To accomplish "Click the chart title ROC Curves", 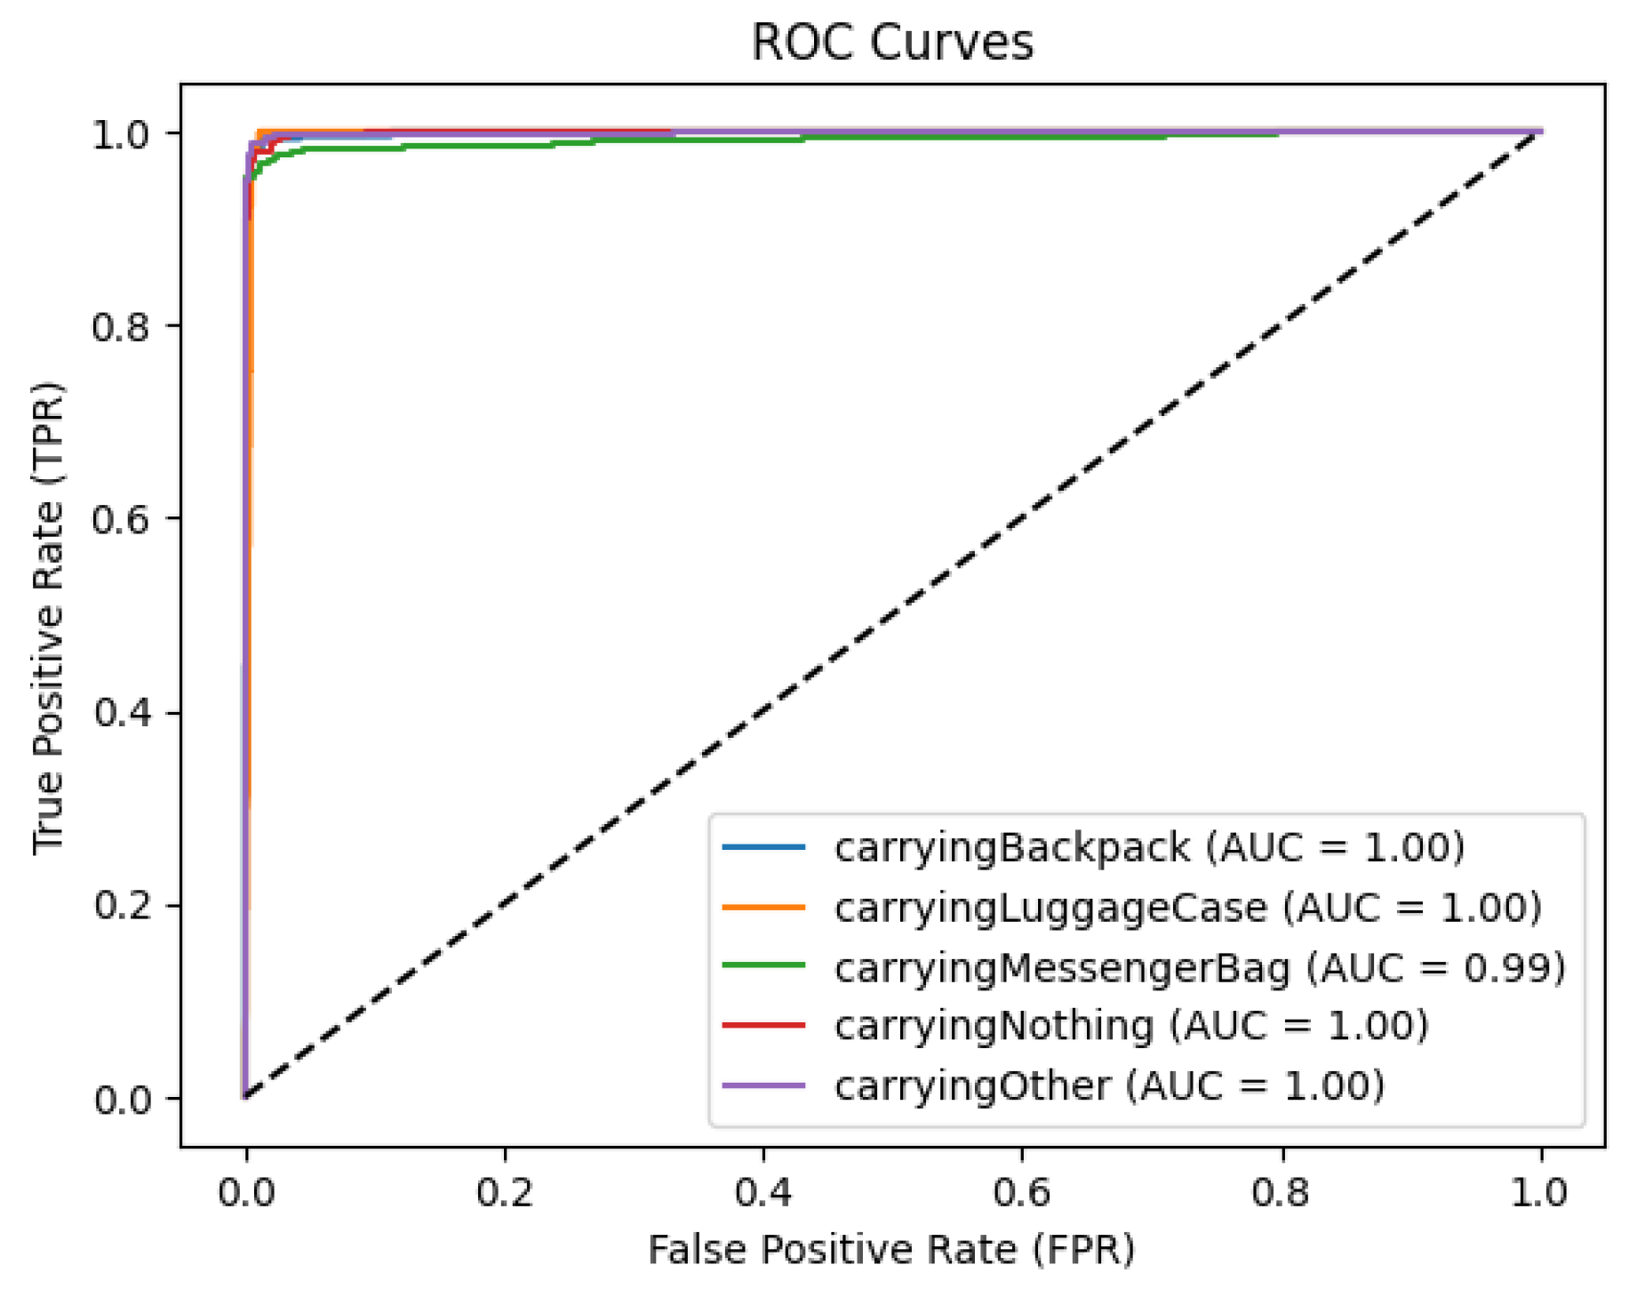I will click(x=891, y=42).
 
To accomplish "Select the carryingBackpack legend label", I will click(x=1148, y=847).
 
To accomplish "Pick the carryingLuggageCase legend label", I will click(x=1187, y=907).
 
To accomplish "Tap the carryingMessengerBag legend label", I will click(x=1200, y=966).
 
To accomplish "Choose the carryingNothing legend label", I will click(x=1130, y=1026).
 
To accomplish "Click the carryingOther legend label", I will click(x=1109, y=1085).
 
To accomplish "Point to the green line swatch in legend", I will click(x=763, y=966).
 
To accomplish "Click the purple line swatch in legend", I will click(x=763, y=1085).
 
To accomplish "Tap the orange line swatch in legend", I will click(x=763, y=907).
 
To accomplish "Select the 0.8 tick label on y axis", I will click(x=123, y=326).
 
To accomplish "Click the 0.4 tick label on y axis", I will click(x=123, y=713).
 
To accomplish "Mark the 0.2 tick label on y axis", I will click(x=123, y=906).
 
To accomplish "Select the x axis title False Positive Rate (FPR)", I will click(x=891, y=1250).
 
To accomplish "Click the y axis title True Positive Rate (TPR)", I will click(x=48, y=617).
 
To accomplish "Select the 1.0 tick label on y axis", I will click(x=123, y=134).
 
